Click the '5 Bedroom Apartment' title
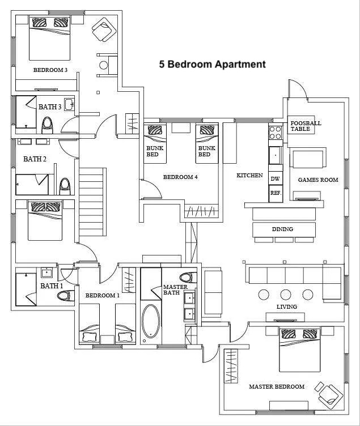click(x=213, y=65)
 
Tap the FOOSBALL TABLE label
click(x=306, y=126)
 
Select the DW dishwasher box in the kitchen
click(x=275, y=178)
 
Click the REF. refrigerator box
click(x=276, y=193)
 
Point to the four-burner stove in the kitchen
click(x=275, y=133)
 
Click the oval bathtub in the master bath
click(x=151, y=321)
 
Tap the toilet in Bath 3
click(x=47, y=125)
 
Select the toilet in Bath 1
click(x=66, y=296)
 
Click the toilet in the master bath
click(x=188, y=278)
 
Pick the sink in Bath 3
click(x=69, y=105)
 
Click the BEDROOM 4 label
click(x=180, y=177)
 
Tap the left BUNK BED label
click(x=155, y=151)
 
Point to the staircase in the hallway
click(x=92, y=202)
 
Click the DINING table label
click(x=282, y=229)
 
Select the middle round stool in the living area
click(x=286, y=295)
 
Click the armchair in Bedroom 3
click(x=104, y=29)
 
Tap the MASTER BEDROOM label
click(x=277, y=386)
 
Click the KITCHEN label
click(x=249, y=176)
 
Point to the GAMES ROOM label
click(x=318, y=180)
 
